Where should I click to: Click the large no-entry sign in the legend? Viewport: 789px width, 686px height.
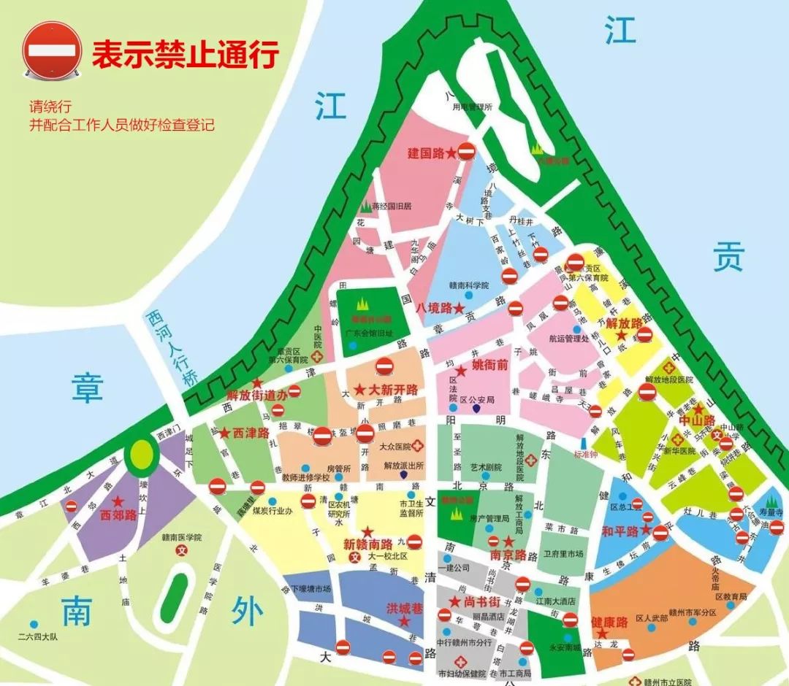[x=51, y=49]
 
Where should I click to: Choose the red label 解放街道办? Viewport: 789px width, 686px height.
[x=254, y=395]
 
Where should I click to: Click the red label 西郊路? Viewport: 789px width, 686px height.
[x=118, y=515]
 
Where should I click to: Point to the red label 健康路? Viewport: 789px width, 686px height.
[x=609, y=623]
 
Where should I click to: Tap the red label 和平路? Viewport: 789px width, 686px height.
[x=620, y=530]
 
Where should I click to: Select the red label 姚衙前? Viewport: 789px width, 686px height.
[x=489, y=365]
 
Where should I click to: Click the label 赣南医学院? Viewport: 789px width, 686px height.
[x=181, y=537]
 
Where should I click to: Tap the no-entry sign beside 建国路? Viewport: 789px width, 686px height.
[x=467, y=152]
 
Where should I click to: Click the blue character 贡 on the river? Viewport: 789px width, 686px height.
[x=728, y=258]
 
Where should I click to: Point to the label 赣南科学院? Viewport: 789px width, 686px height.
[x=467, y=285]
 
